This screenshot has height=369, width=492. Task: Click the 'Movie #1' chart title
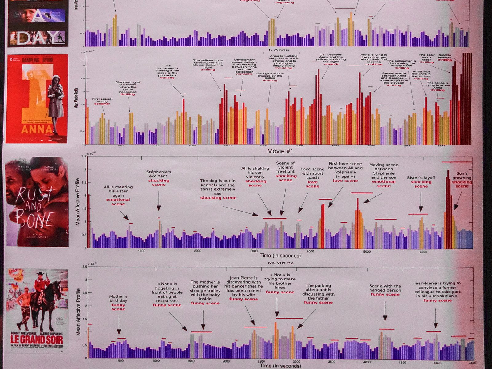[280, 151]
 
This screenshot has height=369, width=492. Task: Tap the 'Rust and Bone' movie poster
[37, 202]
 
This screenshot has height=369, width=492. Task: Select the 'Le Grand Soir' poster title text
[37, 340]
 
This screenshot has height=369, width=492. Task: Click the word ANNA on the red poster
[37, 129]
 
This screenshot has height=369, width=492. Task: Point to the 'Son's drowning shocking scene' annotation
[462, 180]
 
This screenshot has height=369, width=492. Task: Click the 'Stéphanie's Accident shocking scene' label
[159, 178]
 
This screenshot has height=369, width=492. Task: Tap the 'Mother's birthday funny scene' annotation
[118, 303]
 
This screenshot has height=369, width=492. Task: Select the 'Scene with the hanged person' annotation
[385, 290]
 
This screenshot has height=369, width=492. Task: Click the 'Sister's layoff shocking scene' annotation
[421, 182]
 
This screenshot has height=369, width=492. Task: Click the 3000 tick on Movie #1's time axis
[254, 251]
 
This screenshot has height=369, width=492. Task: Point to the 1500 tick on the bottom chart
[191, 361]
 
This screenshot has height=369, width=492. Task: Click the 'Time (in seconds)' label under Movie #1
[280, 256]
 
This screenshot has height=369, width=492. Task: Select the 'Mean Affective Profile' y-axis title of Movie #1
[77, 202]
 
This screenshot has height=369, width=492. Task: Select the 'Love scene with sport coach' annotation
[312, 177]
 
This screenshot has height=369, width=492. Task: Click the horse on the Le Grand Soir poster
[53, 303]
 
